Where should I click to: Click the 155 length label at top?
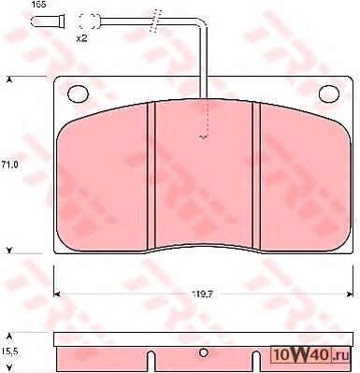[39, 5]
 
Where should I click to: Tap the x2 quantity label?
[81, 38]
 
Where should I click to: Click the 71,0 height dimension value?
[9, 165]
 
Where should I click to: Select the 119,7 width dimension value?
[202, 294]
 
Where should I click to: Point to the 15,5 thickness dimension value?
[9, 351]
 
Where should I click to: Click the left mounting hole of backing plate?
[78, 93]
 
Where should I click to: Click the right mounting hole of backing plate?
[329, 93]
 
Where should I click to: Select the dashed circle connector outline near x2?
[89, 22]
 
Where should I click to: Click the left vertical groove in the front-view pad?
[151, 176]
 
